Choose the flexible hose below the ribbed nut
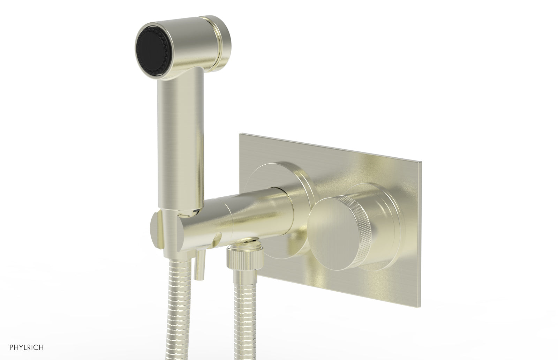[x=240, y=321]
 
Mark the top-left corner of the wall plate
[x=240, y=133]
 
